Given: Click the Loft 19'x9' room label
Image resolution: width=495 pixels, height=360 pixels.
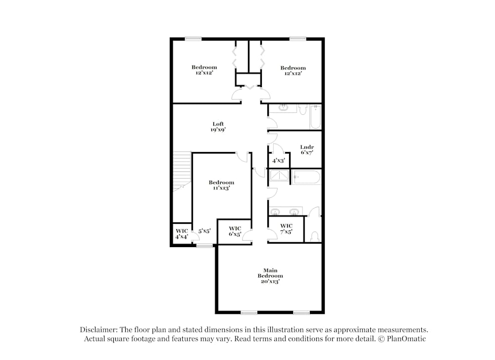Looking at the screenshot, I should click(218, 127).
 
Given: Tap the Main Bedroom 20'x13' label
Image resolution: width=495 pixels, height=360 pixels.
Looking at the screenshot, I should click(270, 276).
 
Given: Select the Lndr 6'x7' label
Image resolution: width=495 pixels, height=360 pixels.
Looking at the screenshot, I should click(307, 150).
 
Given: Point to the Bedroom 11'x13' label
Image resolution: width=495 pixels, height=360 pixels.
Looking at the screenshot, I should click(221, 185).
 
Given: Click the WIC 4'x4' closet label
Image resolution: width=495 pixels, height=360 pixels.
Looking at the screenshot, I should click(182, 234).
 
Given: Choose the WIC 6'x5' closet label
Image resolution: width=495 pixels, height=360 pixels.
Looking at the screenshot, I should click(235, 231).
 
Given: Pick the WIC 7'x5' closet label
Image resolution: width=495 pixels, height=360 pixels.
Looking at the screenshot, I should click(286, 229).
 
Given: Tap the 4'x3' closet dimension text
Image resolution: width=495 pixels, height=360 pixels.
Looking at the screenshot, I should click(278, 160).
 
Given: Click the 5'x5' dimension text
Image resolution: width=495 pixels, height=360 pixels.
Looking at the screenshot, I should click(205, 231).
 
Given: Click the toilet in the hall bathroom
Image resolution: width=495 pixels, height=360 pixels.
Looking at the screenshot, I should click(303, 109).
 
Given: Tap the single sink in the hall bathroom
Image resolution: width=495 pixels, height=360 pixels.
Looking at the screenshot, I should click(284, 107).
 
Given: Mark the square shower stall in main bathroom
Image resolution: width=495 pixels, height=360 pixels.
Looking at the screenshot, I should click(280, 176).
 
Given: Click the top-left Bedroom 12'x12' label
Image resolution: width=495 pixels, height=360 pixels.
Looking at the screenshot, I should click(204, 70).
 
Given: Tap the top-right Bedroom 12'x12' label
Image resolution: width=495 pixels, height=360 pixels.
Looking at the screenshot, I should click(293, 71).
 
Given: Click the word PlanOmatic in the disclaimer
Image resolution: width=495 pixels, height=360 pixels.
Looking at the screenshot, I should click(406, 339).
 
